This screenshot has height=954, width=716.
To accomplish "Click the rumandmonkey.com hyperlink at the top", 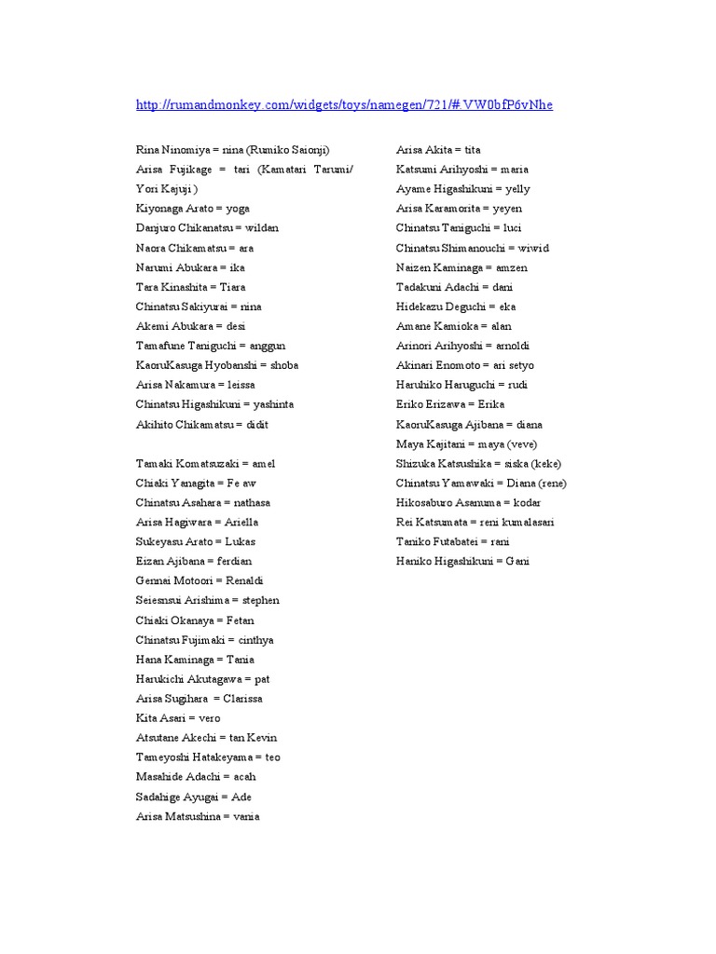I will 344,104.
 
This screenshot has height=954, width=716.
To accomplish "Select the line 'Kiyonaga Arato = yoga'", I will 193,209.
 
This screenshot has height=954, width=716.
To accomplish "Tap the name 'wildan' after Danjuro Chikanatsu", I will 261,228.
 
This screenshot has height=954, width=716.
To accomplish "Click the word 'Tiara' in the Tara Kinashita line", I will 232,287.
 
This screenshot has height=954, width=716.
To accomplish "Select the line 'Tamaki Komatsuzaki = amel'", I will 206,463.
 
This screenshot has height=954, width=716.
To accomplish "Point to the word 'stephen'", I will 260,600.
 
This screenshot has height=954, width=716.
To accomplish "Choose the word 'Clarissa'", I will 242,698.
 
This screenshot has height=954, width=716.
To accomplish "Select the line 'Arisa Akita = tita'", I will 438,150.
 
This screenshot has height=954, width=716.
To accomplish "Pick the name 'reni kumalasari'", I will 516,522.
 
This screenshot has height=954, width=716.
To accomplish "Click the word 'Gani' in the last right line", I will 517,561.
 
